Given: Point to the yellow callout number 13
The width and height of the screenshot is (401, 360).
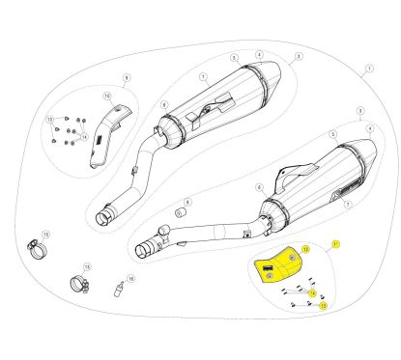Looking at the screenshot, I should point(323,304).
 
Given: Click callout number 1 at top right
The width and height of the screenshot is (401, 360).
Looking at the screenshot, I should point(367,69).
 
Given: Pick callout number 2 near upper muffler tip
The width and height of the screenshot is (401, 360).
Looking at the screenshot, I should point(299,58).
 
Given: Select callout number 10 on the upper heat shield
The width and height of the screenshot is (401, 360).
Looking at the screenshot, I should point(107,96).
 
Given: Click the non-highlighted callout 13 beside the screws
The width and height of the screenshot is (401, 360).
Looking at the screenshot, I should point(50,119).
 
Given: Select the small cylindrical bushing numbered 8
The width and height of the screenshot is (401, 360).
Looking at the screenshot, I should point(180,212).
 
